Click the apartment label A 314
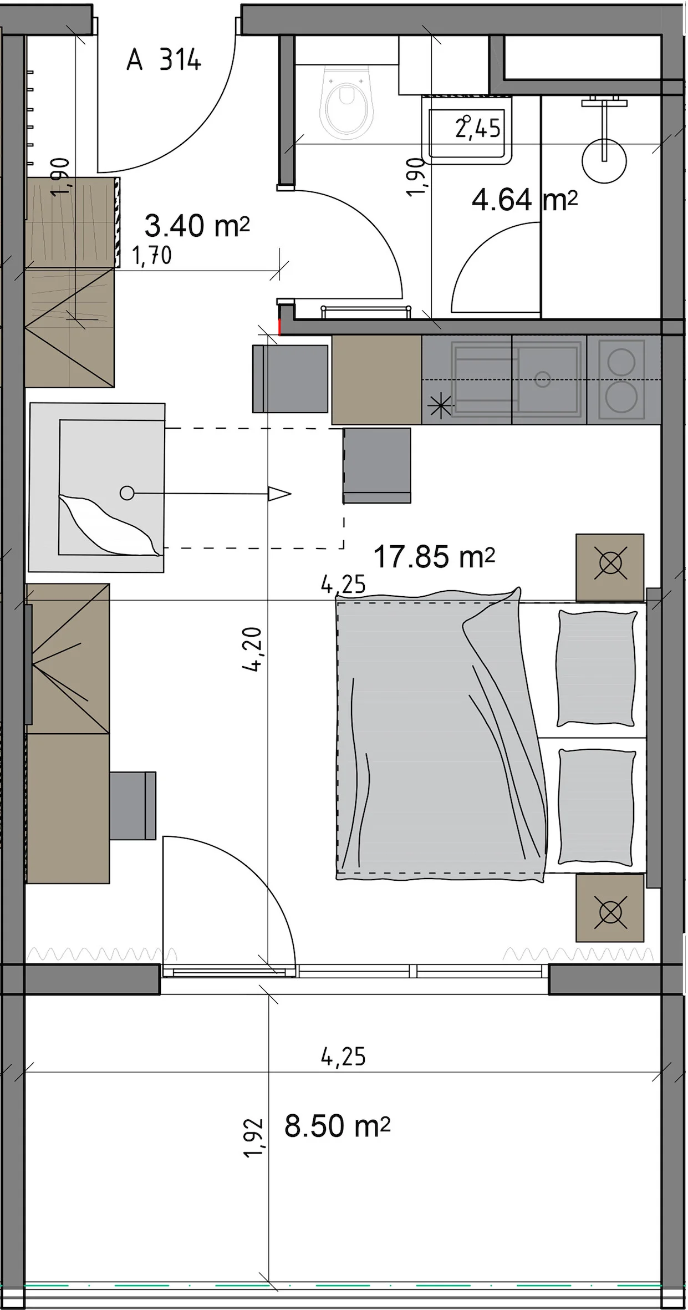[164, 59]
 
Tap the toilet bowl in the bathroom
[347, 103]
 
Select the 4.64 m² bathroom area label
[524, 200]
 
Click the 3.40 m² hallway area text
[197, 226]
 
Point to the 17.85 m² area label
[434, 557]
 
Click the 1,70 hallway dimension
[152, 256]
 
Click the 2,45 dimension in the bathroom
[478, 129]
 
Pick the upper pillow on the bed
[597, 668]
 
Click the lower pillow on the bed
[597, 807]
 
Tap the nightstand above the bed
[610, 567]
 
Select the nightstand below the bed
[610, 907]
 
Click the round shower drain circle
[604, 161]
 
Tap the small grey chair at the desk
[132, 805]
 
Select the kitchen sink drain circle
[543, 379]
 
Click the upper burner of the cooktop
[621, 362]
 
